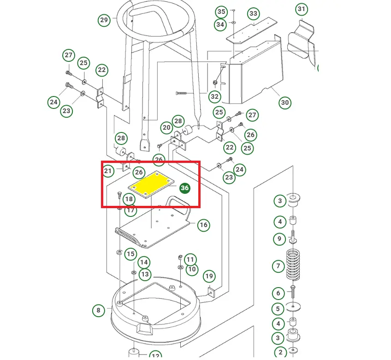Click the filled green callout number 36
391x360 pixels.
(185, 188)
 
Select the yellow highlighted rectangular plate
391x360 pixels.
(151, 185)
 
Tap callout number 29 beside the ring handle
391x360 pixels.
(104, 20)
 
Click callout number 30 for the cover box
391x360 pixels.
(285, 102)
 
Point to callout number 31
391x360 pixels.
(302, 9)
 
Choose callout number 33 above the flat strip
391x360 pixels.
(253, 13)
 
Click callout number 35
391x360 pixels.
(221, 12)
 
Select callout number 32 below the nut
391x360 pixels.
(215, 96)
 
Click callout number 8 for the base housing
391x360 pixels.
(98, 310)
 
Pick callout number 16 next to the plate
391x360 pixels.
(203, 225)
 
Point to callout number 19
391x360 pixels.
(209, 276)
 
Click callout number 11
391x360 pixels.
(190, 260)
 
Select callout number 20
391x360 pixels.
(166, 128)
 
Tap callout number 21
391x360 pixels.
(108, 171)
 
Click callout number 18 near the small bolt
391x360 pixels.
(129, 199)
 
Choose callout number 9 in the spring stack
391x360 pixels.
(279, 239)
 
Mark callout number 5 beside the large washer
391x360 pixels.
(278, 309)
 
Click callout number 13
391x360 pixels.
(145, 274)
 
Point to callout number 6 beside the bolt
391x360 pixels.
(278, 293)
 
